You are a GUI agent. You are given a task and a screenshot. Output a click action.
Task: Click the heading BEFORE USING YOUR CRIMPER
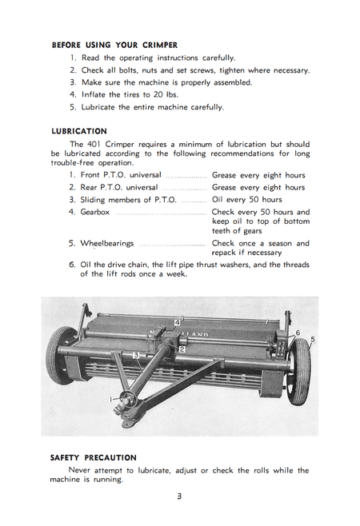point(114,45)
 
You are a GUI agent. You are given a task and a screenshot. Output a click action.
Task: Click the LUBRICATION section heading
point(78,131)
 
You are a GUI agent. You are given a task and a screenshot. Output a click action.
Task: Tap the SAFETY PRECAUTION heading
point(93,458)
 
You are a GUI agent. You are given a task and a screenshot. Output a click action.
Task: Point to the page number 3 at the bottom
point(179,496)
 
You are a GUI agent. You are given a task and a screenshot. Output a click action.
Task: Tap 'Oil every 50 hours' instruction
point(246,199)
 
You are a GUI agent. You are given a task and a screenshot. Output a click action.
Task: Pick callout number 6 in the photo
point(298,333)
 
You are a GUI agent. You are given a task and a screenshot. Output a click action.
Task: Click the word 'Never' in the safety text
point(83,470)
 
